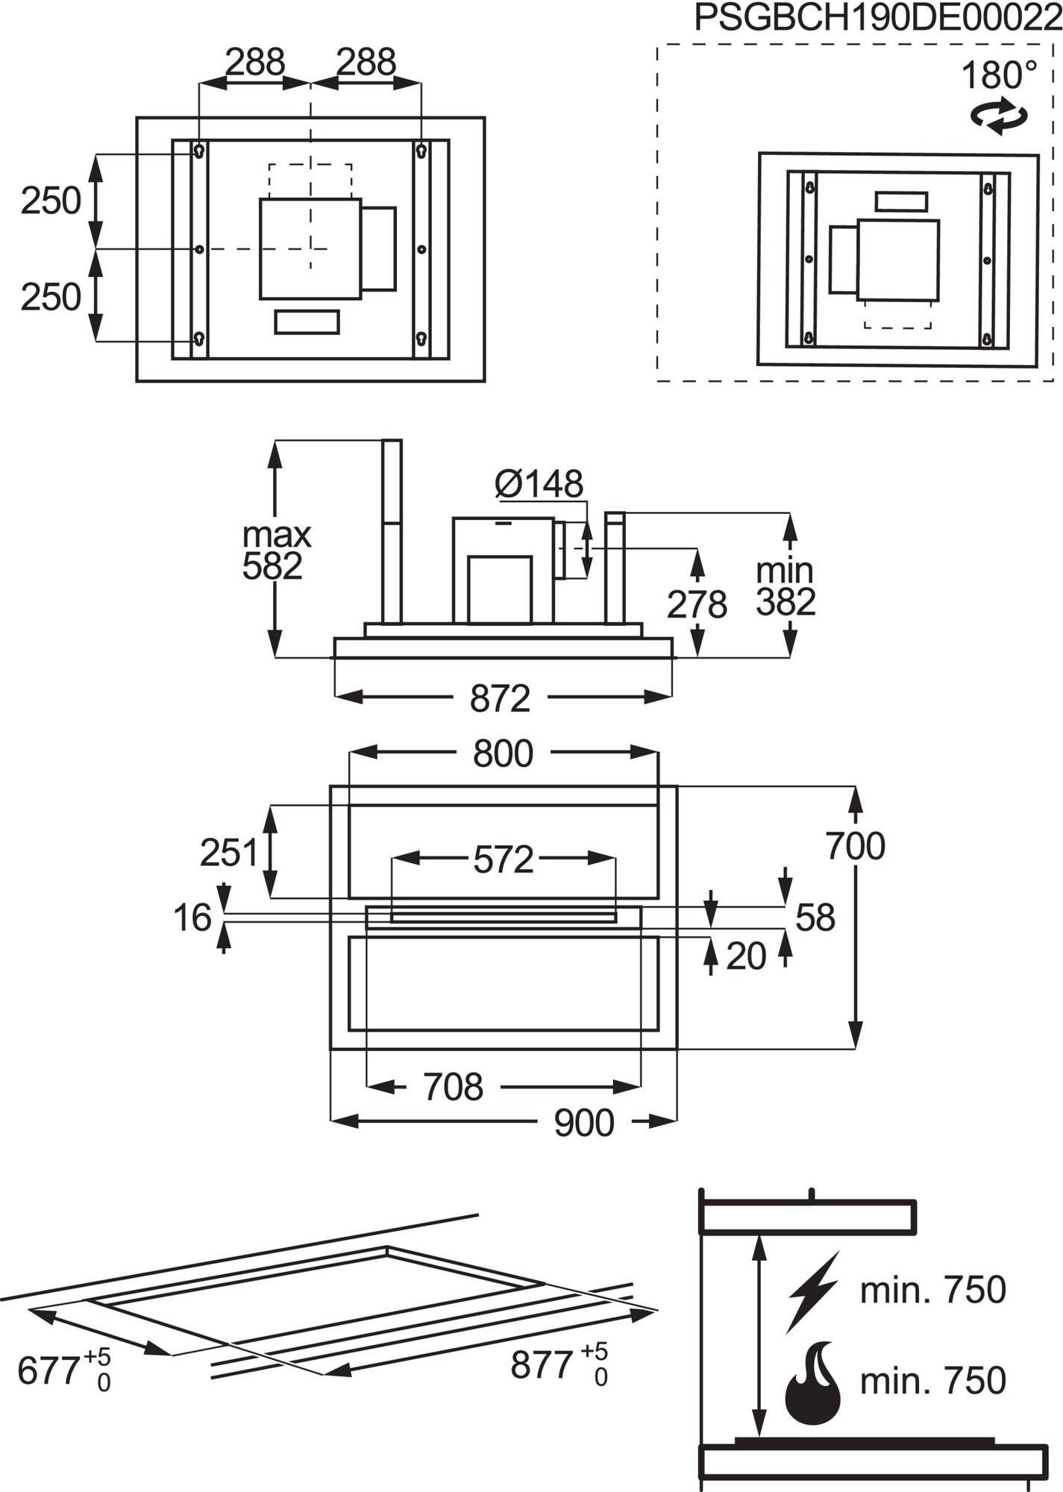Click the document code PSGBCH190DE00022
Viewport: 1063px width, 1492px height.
877,19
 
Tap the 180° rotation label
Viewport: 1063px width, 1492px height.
998,76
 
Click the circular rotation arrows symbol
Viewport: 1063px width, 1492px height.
999,117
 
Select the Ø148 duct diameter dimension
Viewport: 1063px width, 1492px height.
539,485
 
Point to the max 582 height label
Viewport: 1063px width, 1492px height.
275,551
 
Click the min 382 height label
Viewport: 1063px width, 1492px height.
785,587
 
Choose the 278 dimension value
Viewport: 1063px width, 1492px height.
696,605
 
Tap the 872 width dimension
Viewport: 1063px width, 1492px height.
500,699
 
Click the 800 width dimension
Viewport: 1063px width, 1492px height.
503,754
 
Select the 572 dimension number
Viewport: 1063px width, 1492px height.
504,860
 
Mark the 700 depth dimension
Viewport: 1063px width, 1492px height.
855,847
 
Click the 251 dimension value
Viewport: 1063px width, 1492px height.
228,853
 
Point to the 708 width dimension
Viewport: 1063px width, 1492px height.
454,1088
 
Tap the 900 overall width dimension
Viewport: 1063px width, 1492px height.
583,1123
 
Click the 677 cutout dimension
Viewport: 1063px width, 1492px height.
63,1370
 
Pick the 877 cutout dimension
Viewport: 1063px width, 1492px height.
558,1365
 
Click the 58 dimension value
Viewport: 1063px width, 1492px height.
815,918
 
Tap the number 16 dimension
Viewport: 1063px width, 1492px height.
192,918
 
